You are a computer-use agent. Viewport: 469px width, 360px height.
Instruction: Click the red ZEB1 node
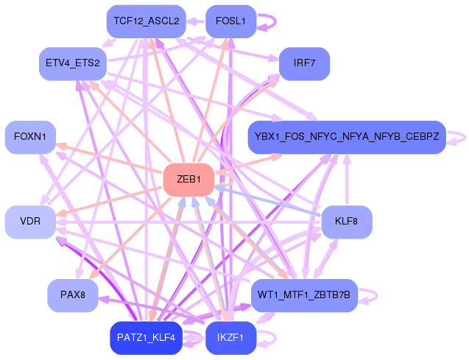(x=188, y=180)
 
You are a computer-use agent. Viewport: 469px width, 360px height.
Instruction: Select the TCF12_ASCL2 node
(x=147, y=21)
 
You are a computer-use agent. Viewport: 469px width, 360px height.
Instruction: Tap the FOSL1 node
(x=230, y=21)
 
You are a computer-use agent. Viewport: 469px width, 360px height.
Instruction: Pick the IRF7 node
(x=305, y=64)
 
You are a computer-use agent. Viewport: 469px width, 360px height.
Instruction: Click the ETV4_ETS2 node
(x=73, y=64)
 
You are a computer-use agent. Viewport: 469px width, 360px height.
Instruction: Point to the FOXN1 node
(x=30, y=137)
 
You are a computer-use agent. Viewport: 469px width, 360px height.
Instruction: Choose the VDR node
(x=30, y=222)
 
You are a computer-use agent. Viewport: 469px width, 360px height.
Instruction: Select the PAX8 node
(x=73, y=295)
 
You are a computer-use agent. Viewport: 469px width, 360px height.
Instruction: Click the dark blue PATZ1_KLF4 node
(x=146, y=338)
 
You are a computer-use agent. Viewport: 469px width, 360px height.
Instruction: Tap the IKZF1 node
(x=230, y=338)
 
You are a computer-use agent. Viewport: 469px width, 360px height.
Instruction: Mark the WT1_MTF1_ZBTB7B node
(x=304, y=295)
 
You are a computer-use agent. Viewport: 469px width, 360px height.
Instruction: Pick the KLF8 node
(x=347, y=222)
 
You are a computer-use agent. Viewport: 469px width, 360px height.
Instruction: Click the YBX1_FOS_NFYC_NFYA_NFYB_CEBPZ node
(x=347, y=137)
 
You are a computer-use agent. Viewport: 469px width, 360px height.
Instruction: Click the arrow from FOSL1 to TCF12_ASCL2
(x=196, y=21)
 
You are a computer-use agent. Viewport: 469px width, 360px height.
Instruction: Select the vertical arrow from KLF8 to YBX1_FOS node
(x=347, y=180)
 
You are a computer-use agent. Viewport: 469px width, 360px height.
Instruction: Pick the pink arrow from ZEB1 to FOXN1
(x=110, y=158)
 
